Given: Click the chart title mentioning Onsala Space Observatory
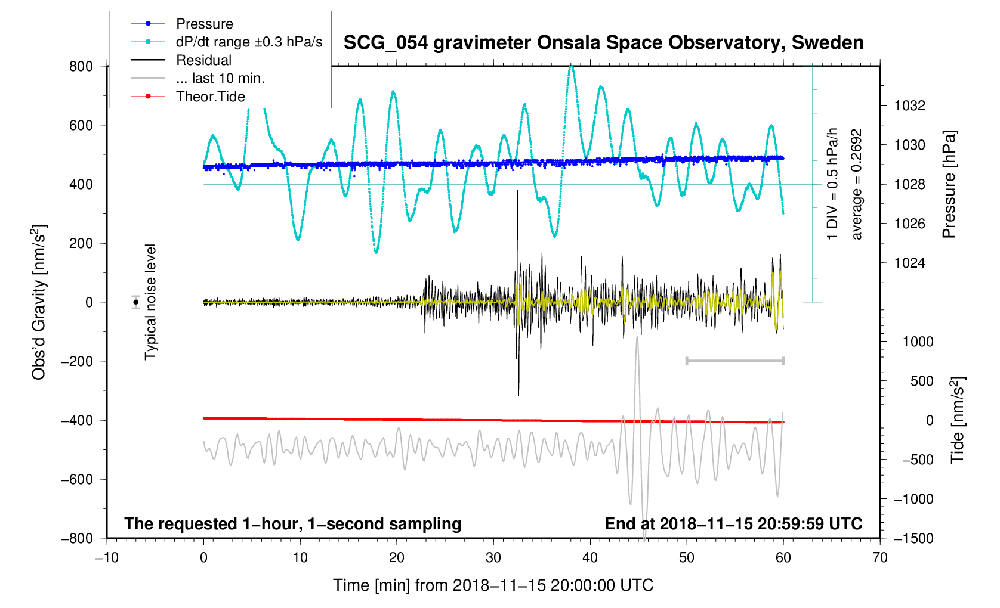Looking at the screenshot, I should tap(603, 43).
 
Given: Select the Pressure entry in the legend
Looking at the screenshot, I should tap(204, 24).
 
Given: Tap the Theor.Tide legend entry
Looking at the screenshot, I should tap(210, 97).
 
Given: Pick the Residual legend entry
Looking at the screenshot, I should tap(203, 60).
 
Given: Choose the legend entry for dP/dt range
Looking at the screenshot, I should tap(249, 42).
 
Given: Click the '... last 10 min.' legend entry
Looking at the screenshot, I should tap(220, 78).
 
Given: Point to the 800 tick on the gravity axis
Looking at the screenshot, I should tap(81, 66).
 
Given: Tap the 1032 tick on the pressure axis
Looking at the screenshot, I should tap(910, 106).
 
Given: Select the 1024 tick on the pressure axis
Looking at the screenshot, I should tap(910, 263).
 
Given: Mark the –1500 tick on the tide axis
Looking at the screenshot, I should tap(913, 538).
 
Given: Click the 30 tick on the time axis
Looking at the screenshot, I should tap(493, 557).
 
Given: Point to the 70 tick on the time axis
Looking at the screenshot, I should tap(879, 557).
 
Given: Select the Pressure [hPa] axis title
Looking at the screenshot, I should tap(949, 184).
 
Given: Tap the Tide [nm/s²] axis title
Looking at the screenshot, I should tap(958, 420).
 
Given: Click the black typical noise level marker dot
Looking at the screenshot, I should tap(136, 302).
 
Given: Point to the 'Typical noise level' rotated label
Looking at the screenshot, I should tap(150, 302).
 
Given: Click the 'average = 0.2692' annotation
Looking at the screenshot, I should tap(857, 184).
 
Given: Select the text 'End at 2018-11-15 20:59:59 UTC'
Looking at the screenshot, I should tap(733, 524).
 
